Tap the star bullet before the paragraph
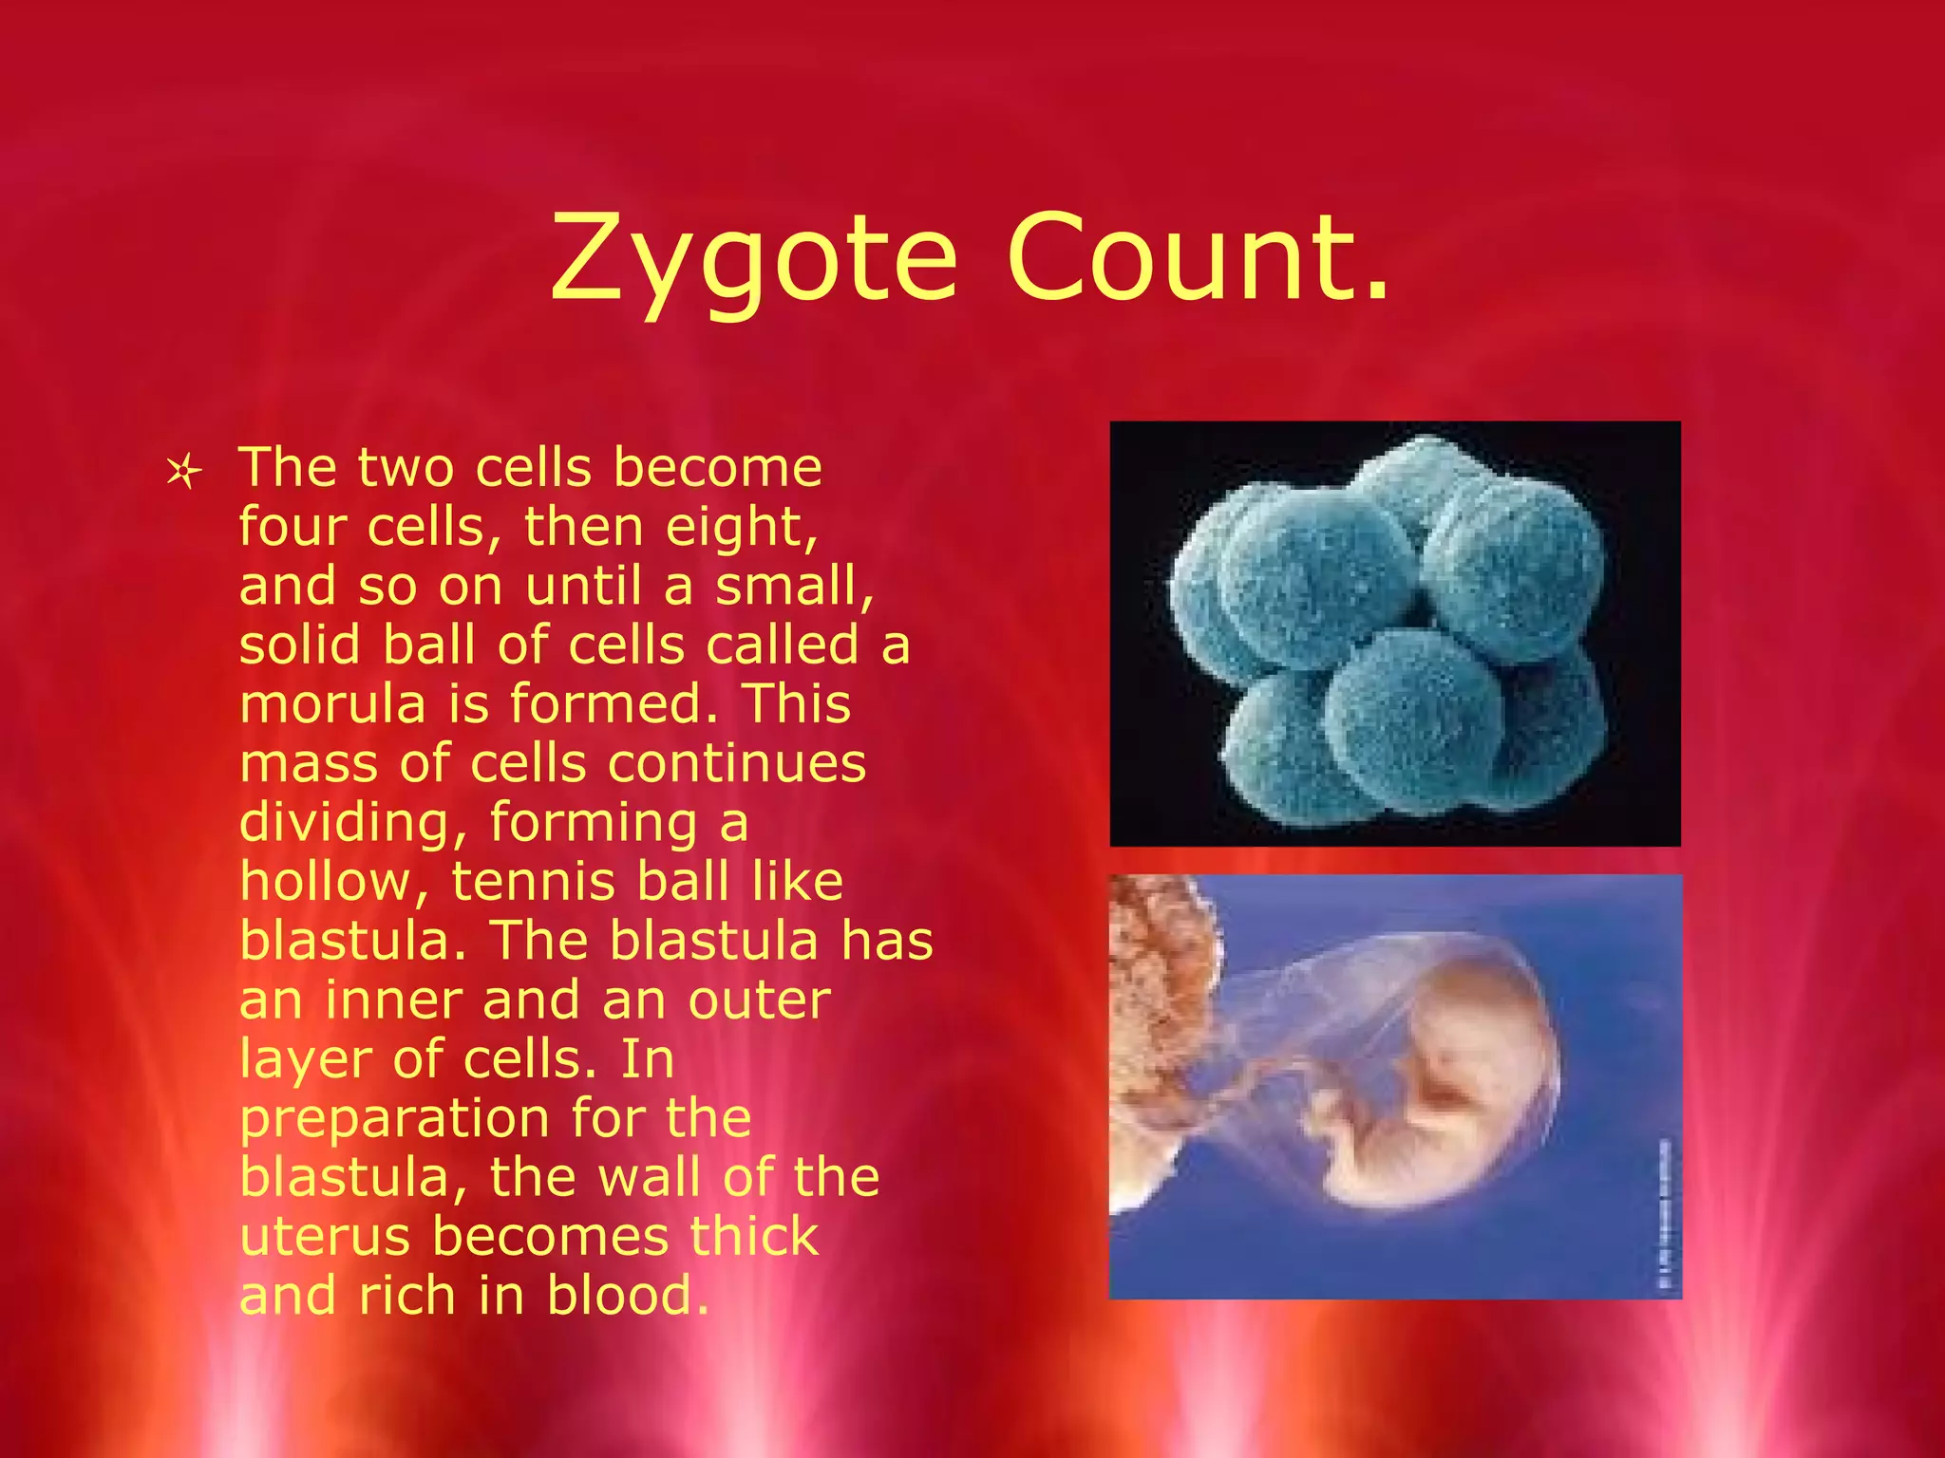[183, 472]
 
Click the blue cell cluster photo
[1394, 633]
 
